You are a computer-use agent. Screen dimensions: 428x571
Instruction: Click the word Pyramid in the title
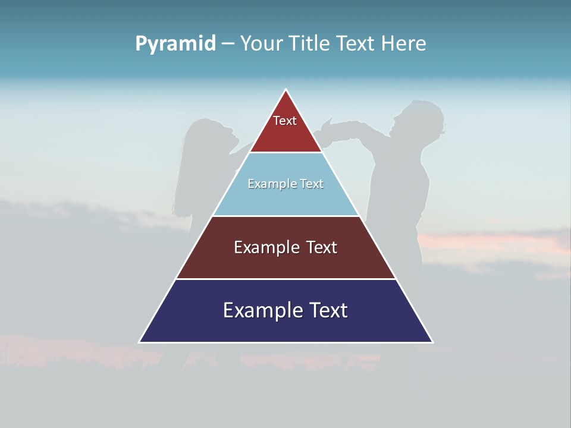175,44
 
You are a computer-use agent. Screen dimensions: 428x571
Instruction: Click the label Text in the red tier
285,121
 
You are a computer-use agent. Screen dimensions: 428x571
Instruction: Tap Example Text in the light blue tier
285,184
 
